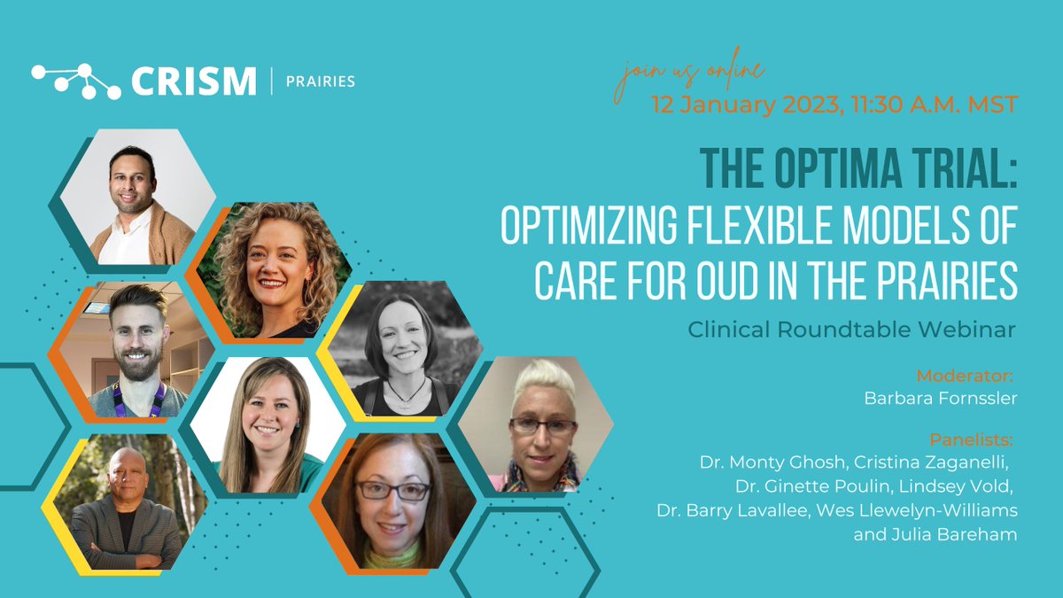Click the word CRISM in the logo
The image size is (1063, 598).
click(192, 82)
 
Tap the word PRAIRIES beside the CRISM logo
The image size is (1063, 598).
click(320, 82)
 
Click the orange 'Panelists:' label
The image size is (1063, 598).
click(971, 440)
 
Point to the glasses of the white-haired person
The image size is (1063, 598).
click(542, 425)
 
